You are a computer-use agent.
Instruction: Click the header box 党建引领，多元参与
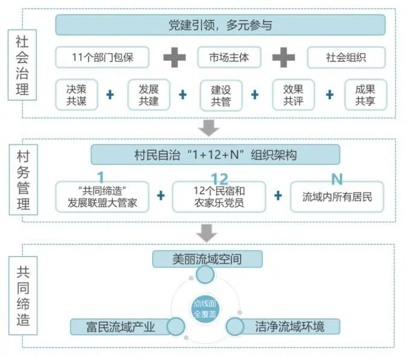tap(220, 25)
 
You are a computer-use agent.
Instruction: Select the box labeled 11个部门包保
tap(102, 58)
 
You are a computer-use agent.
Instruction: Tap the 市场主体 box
tap(229, 58)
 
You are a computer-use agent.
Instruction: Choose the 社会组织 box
tap(346, 58)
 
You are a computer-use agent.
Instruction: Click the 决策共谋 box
tap(76, 95)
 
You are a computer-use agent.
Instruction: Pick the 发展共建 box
tap(149, 95)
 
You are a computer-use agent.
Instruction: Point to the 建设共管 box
tap(221, 95)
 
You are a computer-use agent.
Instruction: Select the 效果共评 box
tap(293, 95)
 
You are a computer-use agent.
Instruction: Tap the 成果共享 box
tap(366, 95)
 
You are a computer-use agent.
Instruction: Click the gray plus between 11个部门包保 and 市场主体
tap(175, 58)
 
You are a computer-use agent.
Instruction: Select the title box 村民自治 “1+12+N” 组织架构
tap(215, 155)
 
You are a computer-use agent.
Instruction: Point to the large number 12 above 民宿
tap(220, 179)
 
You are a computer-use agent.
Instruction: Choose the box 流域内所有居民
tap(337, 197)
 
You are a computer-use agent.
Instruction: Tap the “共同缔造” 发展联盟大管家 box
tap(102, 197)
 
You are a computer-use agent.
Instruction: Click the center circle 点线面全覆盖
tap(205, 308)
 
